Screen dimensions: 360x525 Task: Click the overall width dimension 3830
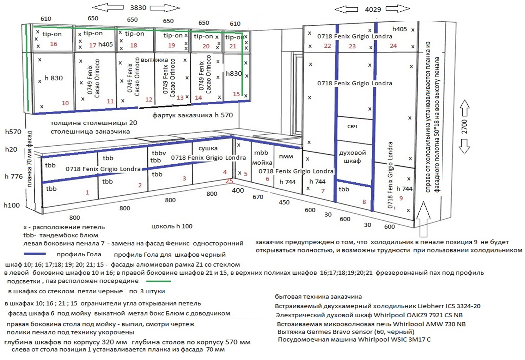(138, 8)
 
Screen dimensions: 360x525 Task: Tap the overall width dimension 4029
(373, 10)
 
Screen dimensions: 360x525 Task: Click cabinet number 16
(54, 44)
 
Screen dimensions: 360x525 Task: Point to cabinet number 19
(171, 45)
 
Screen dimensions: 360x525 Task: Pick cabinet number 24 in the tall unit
(393, 46)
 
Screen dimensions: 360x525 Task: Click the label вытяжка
(154, 60)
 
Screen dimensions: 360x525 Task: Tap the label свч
(352, 126)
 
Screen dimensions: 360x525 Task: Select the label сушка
(208, 148)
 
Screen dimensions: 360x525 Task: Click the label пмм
(286, 157)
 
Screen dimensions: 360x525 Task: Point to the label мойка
(262, 163)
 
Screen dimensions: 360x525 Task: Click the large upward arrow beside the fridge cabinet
(423, 219)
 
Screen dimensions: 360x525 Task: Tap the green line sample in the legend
(158, 281)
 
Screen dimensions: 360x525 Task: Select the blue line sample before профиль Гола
(35, 254)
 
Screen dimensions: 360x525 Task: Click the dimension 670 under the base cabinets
(258, 197)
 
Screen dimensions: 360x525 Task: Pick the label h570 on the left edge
(13, 132)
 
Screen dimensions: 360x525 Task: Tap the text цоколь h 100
(172, 226)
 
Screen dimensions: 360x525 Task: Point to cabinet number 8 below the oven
(364, 202)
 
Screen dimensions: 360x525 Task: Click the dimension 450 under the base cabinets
(284, 202)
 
